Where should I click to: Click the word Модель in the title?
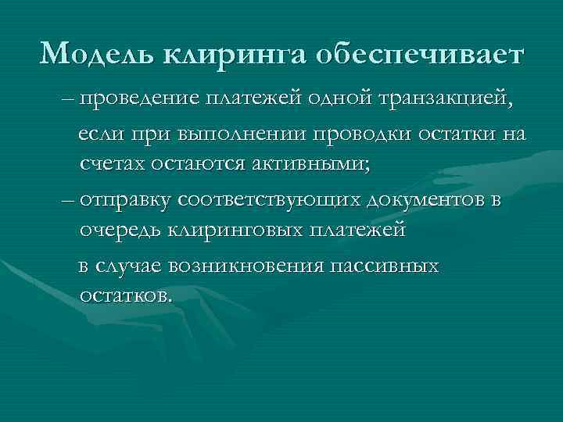pos(97,54)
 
